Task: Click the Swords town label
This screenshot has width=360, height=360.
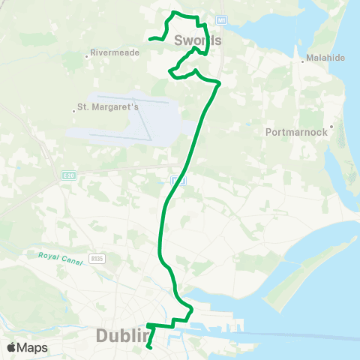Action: point(197,40)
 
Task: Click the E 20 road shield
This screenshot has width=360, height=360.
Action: point(68,175)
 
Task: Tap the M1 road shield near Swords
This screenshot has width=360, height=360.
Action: point(221,19)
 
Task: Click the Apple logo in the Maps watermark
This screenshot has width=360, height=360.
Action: point(12,347)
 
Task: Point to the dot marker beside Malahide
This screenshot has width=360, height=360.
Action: point(301,60)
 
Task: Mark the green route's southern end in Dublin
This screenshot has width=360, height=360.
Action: point(150,347)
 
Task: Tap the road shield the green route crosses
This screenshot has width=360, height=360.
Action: point(175,180)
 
